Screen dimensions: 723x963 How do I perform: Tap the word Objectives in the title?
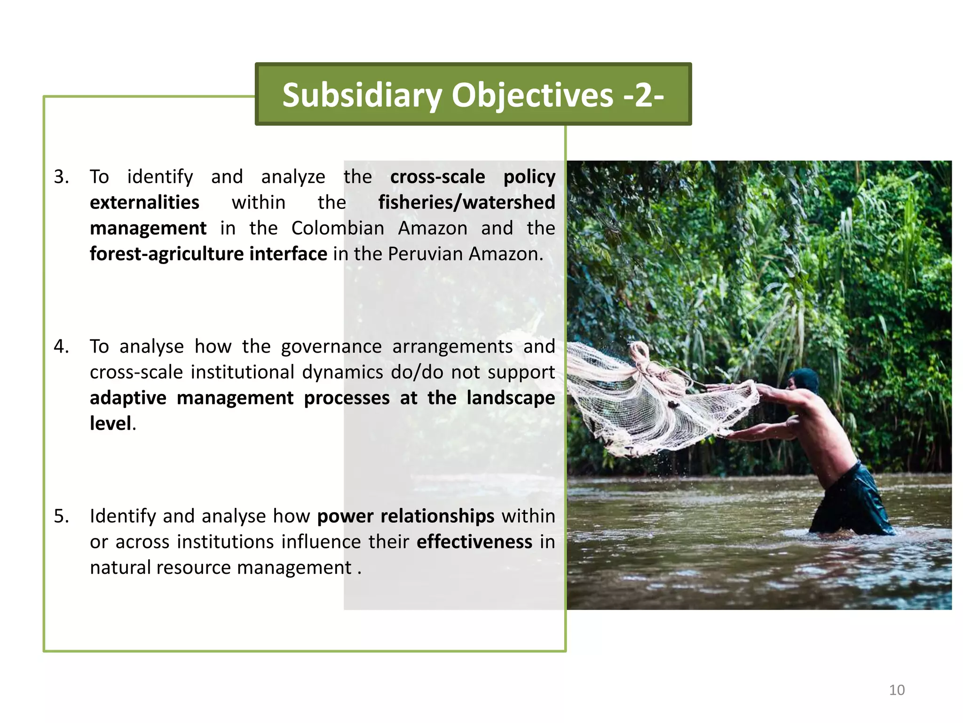click(532, 96)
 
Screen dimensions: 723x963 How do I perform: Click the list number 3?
click(61, 177)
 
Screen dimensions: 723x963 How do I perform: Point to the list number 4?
click(61, 347)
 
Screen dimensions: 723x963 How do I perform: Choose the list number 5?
click(61, 516)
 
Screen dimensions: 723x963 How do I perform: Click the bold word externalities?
click(144, 203)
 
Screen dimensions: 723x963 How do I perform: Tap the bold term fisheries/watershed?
click(466, 203)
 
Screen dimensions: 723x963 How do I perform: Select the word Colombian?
click(338, 229)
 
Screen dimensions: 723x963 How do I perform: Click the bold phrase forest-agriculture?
click(166, 254)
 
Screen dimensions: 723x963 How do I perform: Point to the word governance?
click(331, 347)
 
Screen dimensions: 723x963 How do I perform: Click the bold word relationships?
click(437, 516)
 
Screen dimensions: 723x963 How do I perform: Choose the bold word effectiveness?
click(474, 542)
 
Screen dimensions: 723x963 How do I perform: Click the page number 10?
click(897, 690)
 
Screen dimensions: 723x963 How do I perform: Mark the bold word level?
click(111, 424)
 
